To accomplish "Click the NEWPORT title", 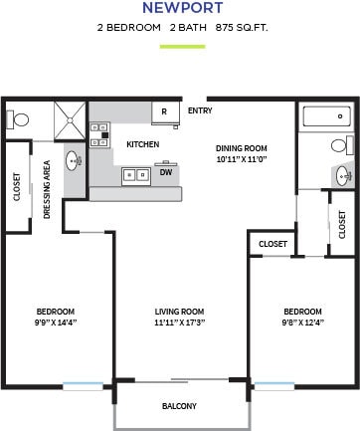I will pyautogui.click(x=180, y=9).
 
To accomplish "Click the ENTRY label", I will pyautogui.click(x=199, y=111).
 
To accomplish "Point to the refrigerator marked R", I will pyautogui.click(x=164, y=112).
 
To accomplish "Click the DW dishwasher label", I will pyautogui.click(x=165, y=171).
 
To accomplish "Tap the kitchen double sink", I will pyautogui.click(x=134, y=175).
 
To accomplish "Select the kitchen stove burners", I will pyautogui.click(x=98, y=134).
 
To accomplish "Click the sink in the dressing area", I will pyautogui.click(x=75, y=159).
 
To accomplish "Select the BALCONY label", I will pyautogui.click(x=179, y=406).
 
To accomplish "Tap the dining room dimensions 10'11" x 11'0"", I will pyautogui.click(x=243, y=160).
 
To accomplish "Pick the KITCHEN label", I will pyautogui.click(x=142, y=144).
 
